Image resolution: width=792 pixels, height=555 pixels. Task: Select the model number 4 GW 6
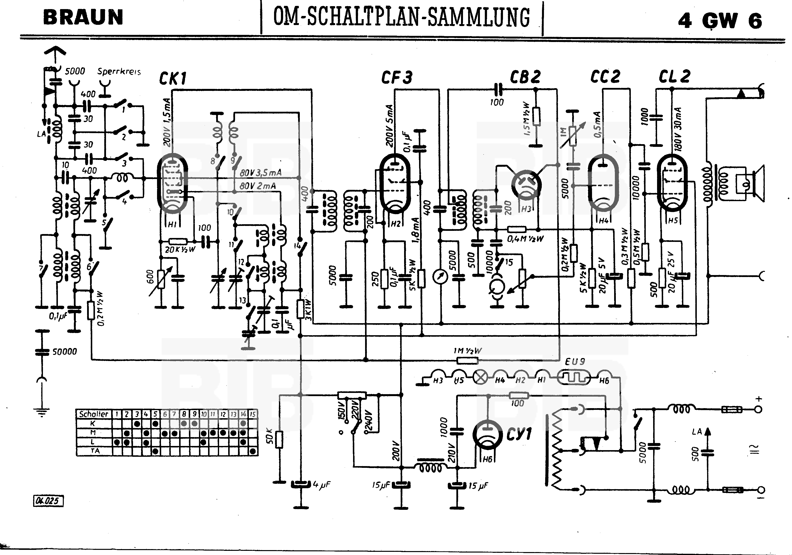coord(720,21)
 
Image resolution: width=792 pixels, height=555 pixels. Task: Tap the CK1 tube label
coord(172,79)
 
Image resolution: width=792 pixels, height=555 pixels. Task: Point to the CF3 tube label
coord(397,77)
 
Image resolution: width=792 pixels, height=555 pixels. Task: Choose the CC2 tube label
coord(605,77)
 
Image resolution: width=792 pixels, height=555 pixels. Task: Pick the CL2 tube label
coord(674,77)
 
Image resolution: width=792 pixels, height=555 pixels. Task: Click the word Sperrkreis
coord(119,71)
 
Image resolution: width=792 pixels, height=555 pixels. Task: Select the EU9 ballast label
coord(575,361)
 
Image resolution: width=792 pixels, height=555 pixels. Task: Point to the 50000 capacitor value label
coord(65,352)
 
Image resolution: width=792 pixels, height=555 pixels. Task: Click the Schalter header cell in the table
coord(93,414)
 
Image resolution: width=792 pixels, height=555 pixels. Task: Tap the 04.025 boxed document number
coord(48,500)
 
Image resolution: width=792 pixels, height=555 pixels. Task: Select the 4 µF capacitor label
coord(321,485)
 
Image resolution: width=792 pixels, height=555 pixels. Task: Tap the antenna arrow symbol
coord(55,52)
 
